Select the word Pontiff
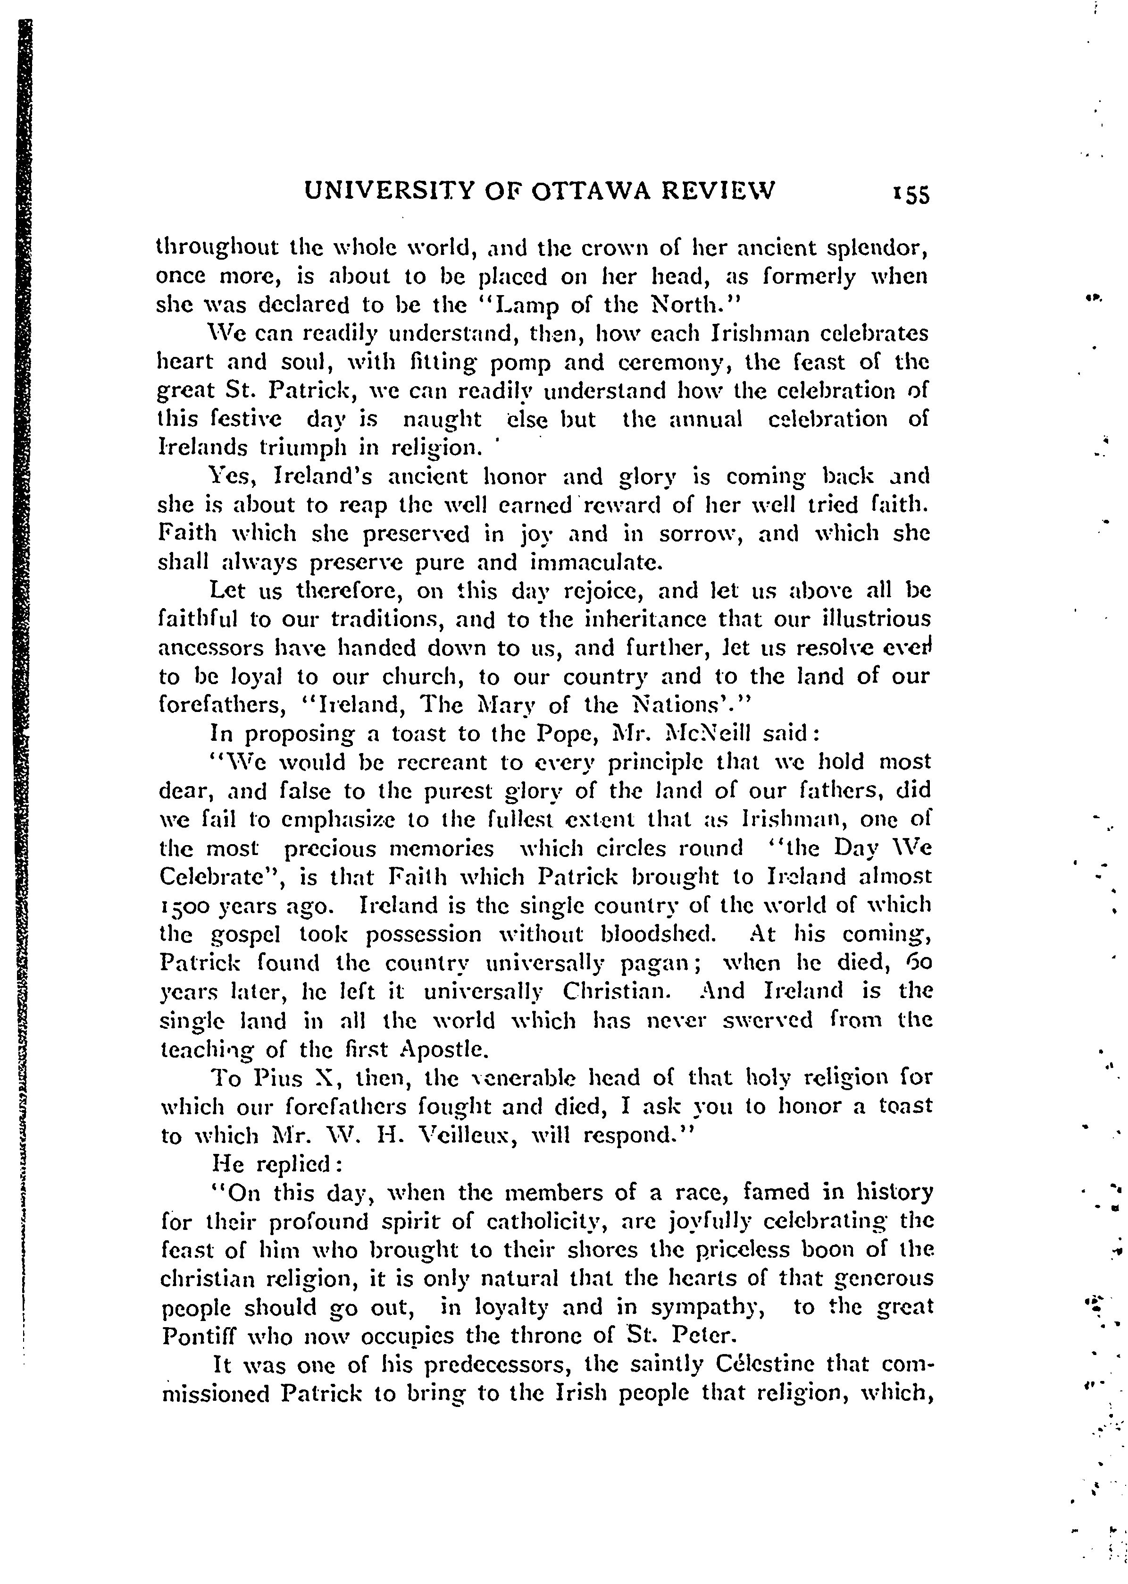(x=200, y=1336)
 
